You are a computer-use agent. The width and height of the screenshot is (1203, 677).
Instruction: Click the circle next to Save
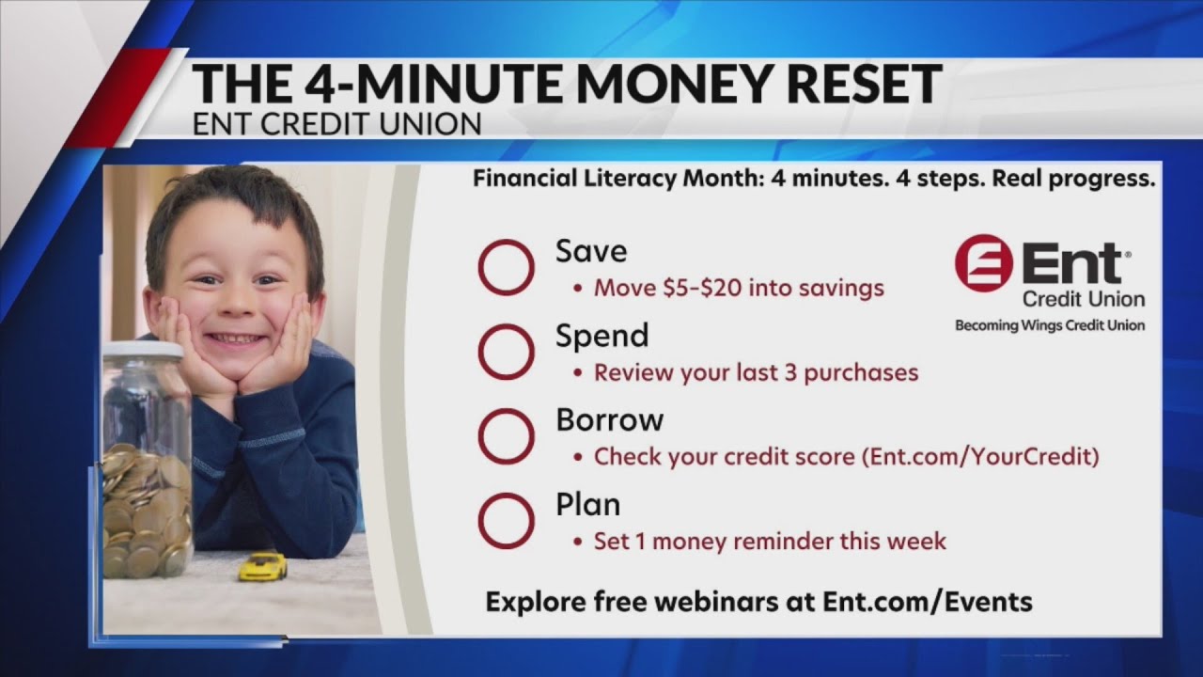(x=506, y=268)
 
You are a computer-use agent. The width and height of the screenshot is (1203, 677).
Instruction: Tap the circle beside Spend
(x=506, y=352)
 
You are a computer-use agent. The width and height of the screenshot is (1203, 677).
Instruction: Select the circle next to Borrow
(x=506, y=436)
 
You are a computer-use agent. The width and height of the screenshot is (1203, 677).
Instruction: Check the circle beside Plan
(x=506, y=521)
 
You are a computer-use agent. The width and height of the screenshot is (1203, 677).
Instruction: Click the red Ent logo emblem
(x=983, y=263)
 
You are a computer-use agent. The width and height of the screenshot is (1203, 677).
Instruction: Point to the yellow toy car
(x=262, y=566)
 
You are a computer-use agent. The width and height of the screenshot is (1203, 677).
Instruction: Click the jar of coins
(x=146, y=470)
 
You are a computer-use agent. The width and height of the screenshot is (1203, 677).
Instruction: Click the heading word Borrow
(x=609, y=419)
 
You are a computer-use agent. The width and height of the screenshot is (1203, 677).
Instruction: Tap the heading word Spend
(x=601, y=336)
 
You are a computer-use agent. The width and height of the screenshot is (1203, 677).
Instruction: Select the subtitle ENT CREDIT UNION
(x=336, y=124)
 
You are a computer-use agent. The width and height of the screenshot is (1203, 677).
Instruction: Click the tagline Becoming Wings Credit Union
(x=1050, y=325)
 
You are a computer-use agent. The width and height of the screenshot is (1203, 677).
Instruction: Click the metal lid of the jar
(x=143, y=351)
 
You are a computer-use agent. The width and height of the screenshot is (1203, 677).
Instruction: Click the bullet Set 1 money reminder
(x=770, y=542)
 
